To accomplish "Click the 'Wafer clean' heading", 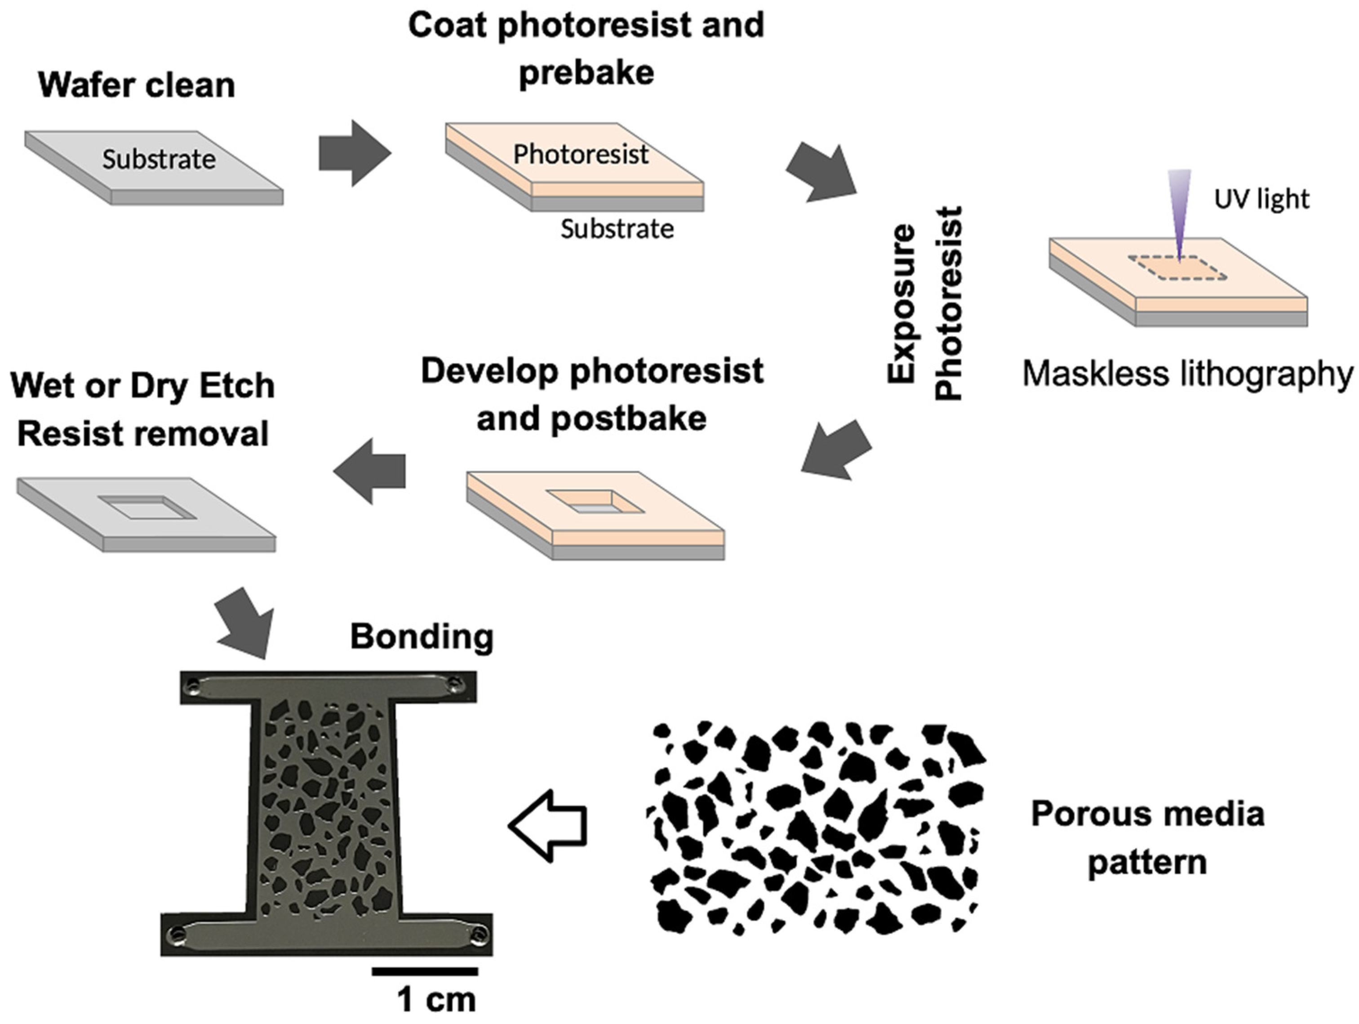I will click(136, 85).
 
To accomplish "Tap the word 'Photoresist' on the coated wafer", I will click(581, 154).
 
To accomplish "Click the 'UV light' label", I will click(1261, 199).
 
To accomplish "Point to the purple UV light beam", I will click(1180, 209).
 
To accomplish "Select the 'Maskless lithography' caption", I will click(1187, 373).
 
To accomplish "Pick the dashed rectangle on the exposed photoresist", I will click(1177, 268).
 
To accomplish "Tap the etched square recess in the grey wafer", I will click(147, 508).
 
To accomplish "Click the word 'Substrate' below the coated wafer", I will click(617, 229).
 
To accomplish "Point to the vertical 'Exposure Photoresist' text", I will click(924, 304).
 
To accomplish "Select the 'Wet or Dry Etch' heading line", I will click(142, 386).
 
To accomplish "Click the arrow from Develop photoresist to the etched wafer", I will click(370, 472).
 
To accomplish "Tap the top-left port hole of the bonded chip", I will click(194, 685).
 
